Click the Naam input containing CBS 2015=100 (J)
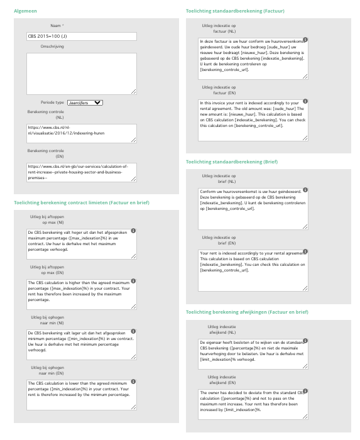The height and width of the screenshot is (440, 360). (82, 37)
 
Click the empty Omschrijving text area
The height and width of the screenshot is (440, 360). (82, 71)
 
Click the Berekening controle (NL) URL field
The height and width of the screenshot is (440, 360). (82, 134)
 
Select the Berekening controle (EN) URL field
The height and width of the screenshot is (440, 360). (82, 171)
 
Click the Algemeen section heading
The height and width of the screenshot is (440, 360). (26, 10)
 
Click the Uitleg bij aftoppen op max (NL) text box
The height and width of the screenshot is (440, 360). (82, 243)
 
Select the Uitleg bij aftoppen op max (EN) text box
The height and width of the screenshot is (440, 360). (82, 294)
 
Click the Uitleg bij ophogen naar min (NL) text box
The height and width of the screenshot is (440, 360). (82, 345)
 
